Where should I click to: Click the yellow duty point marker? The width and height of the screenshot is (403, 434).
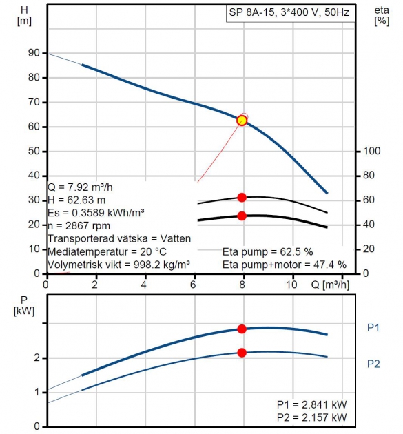tap(242, 121)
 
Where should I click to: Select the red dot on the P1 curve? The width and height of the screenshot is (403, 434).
tap(242, 329)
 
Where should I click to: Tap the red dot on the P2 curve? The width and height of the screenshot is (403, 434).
tap(242, 353)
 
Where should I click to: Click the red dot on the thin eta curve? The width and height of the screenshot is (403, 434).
tap(242, 197)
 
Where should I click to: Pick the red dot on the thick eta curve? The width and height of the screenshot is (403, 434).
tap(242, 216)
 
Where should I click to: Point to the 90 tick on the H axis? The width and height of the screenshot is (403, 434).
tap(34, 53)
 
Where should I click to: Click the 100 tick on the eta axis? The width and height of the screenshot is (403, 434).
tap(372, 151)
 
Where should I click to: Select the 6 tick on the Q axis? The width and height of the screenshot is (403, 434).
tap(193, 285)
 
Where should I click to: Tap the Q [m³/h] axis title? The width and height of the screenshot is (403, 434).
tap(330, 285)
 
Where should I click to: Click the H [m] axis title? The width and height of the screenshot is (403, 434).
tap(24, 15)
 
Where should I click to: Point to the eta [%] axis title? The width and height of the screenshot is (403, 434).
tap(382, 15)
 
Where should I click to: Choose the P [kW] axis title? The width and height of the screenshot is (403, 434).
tap(24, 306)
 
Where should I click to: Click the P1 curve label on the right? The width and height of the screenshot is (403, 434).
tap(373, 328)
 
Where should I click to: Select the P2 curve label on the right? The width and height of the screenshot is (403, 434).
tap(373, 364)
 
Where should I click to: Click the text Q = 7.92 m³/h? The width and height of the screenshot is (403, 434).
tap(80, 187)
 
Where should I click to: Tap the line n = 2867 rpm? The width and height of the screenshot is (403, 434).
tap(79, 226)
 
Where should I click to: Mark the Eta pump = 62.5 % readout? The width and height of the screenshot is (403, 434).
tap(268, 252)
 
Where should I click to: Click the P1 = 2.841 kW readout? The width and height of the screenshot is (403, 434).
tap(311, 404)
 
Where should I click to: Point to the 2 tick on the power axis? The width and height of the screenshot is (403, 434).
tap(37, 358)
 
